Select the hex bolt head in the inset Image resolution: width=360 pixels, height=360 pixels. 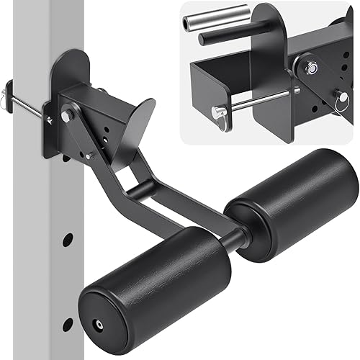pyautogui.click(x=312, y=68)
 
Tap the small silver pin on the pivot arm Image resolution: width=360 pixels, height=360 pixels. pyautogui.click(x=89, y=153)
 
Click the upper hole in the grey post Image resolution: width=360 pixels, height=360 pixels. pyautogui.click(x=66, y=238)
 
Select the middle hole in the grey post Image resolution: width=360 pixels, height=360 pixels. pyautogui.click(x=66, y=281)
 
